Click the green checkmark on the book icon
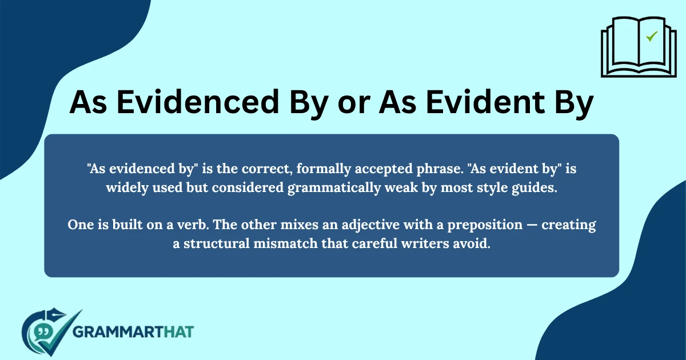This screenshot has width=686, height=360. pos(651,37)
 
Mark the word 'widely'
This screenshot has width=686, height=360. pos(126,189)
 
